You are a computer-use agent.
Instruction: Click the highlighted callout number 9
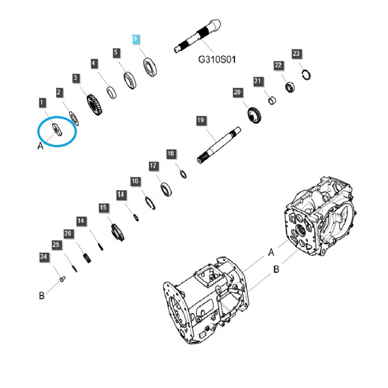click(136, 39)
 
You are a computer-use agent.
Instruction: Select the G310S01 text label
click(217, 60)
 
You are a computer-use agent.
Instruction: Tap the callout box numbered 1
click(42, 103)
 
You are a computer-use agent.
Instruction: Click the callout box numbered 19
click(201, 120)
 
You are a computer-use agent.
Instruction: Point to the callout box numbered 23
click(296, 53)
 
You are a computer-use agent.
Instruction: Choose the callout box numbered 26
click(68, 234)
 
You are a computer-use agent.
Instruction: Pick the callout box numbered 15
click(103, 208)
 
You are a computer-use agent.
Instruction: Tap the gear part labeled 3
click(95, 105)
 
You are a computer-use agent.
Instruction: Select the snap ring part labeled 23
click(306, 74)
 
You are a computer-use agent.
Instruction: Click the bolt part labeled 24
click(62, 278)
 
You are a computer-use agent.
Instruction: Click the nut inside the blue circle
click(56, 129)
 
